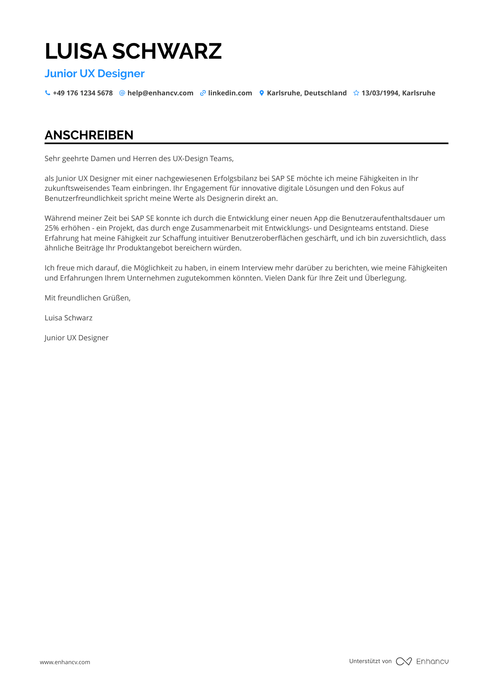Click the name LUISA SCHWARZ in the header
(133, 51)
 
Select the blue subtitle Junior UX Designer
(94, 74)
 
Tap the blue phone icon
(48, 93)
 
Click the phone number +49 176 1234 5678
(83, 93)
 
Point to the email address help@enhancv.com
(160, 93)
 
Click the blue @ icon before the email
(122, 93)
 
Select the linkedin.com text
(230, 93)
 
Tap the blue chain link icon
(203, 93)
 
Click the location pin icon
(262, 93)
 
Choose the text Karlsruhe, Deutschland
(307, 93)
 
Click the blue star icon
(356, 93)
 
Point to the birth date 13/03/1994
(380, 93)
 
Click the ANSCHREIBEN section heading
(89, 135)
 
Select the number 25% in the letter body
(52, 228)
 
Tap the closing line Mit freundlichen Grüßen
(87, 298)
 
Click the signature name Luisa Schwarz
(69, 318)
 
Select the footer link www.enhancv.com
(65, 662)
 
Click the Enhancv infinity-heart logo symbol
(404, 661)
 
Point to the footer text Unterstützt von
(370, 661)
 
